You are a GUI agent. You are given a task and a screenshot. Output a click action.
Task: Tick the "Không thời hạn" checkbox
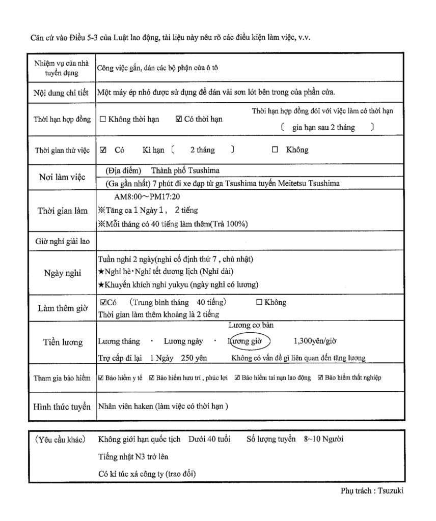[x=103, y=120]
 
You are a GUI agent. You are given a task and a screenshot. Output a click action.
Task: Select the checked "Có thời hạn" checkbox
[x=178, y=120]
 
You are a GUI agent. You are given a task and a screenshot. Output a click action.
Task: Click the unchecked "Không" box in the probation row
[x=275, y=150]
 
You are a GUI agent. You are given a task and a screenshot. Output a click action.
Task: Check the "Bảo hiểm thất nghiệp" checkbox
[x=320, y=378]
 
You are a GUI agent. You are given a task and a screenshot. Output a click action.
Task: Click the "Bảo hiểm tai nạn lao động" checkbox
[x=237, y=378]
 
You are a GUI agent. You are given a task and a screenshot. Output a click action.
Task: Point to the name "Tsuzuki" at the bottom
[x=393, y=491]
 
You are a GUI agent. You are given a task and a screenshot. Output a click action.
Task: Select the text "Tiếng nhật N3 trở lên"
[x=133, y=456]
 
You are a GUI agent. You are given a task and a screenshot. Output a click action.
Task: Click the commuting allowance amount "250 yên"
[x=194, y=358]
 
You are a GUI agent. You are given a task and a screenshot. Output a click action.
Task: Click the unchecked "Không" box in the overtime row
[x=259, y=303]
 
